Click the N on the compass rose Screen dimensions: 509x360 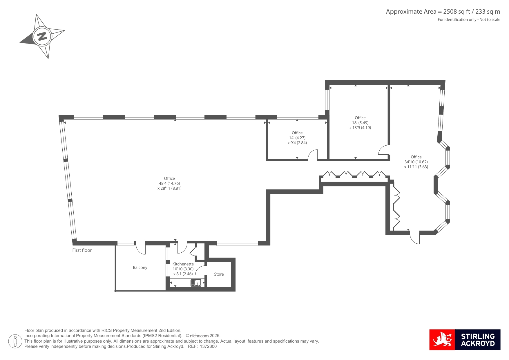[42, 36]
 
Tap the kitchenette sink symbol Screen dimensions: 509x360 [196, 283]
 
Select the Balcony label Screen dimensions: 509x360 [140, 267]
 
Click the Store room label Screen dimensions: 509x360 [219, 274]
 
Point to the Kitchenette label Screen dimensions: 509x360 [183, 264]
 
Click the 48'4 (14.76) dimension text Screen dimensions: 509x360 [169, 183]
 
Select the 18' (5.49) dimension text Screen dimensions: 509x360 [360, 123]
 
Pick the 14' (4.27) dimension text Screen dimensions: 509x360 [297, 138]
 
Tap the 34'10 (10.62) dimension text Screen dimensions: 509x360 [416, 162]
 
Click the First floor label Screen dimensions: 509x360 [82, 250]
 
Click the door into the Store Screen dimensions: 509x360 [200, 270]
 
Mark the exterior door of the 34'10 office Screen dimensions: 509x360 [415, 238]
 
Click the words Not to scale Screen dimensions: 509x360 [490, 20]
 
